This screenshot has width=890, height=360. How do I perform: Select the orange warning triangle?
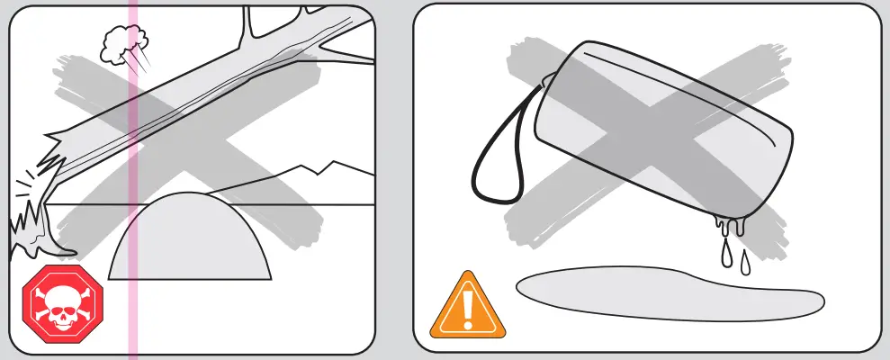point(467,306)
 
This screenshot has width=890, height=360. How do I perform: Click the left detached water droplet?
point(725,256)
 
